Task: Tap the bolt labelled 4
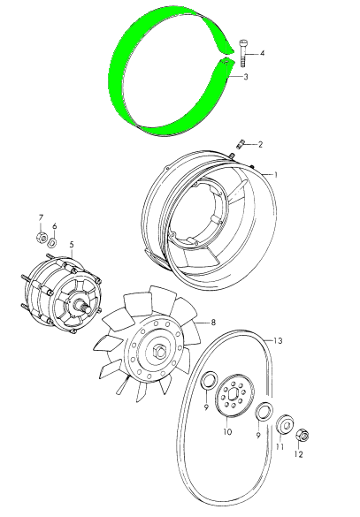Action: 243,52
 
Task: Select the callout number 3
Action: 246,77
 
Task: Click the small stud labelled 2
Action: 239,144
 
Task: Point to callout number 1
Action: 276,174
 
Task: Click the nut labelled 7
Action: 42,237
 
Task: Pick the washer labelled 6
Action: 52,243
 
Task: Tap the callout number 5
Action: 72,245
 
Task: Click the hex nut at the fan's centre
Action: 160,350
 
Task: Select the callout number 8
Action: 213,323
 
